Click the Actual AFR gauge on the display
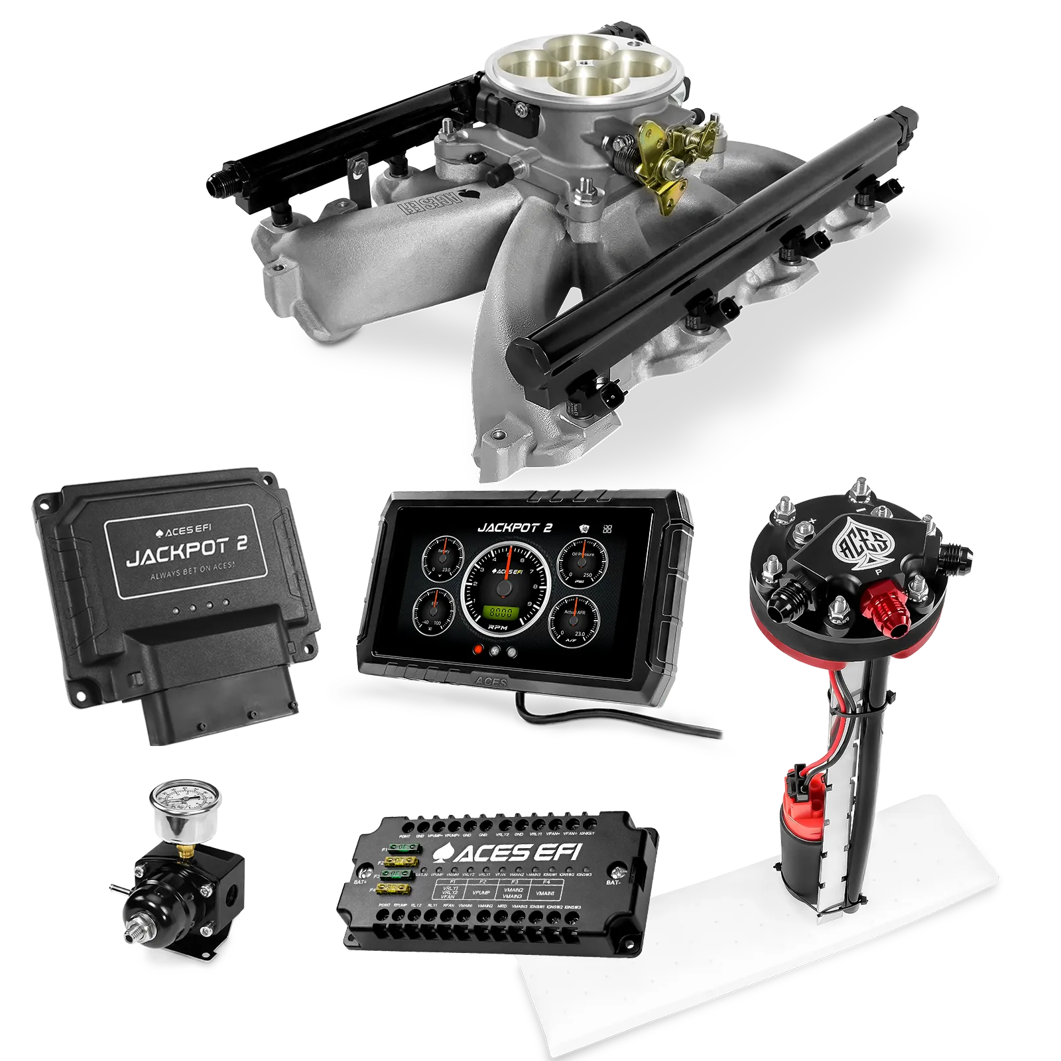(573, 621)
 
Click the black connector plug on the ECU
(219, 690)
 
